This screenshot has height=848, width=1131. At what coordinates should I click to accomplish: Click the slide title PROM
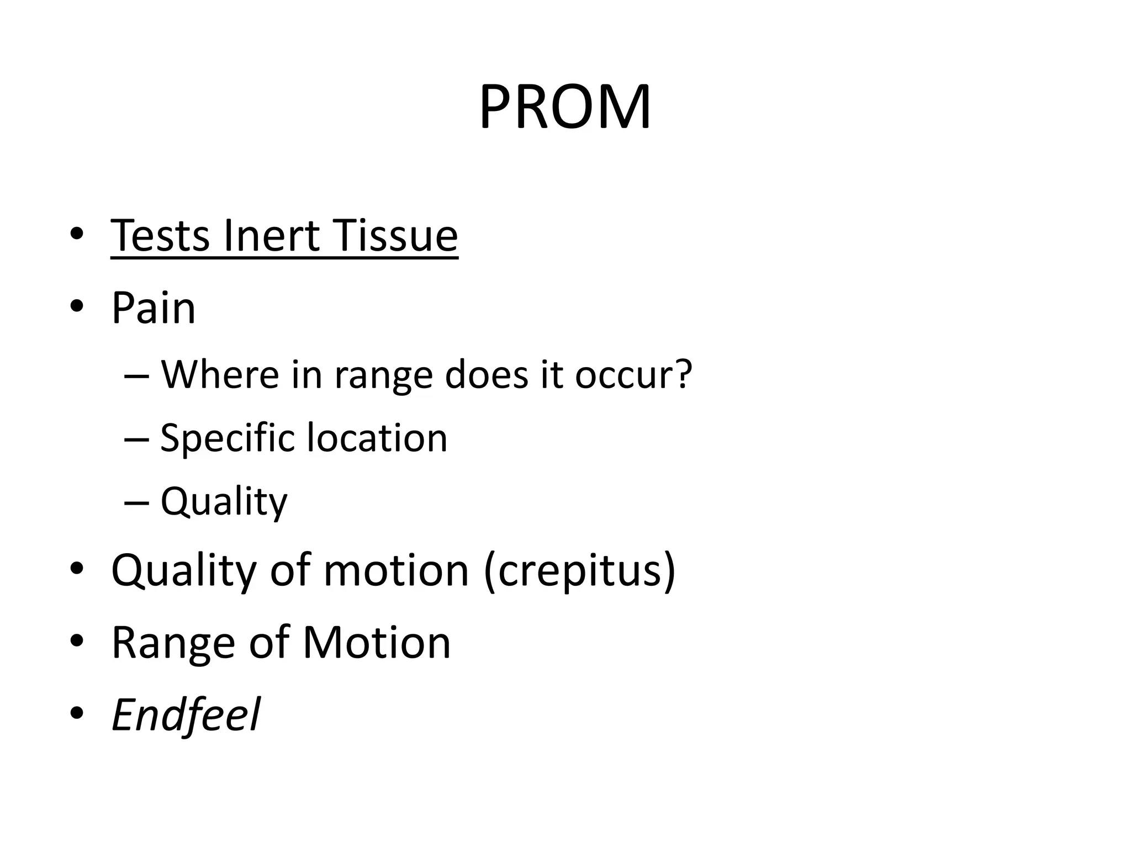tap(565, 107)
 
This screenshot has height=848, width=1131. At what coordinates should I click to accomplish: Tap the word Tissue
tap(395, 236)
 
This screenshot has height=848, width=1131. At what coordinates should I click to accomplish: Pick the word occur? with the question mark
tap(633, 374)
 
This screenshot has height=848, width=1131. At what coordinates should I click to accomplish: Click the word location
tap(377, 438)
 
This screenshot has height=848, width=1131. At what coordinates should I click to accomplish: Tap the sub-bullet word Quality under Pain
tap(224, 502)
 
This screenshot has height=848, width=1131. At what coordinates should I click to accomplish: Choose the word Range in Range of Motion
tap(173, 643)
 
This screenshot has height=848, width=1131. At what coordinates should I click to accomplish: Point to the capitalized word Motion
tap(377, 643)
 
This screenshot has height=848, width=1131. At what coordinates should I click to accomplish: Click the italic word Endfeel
tap(186, 715)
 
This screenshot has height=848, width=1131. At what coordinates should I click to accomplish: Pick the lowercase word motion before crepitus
tap(396, 570)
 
